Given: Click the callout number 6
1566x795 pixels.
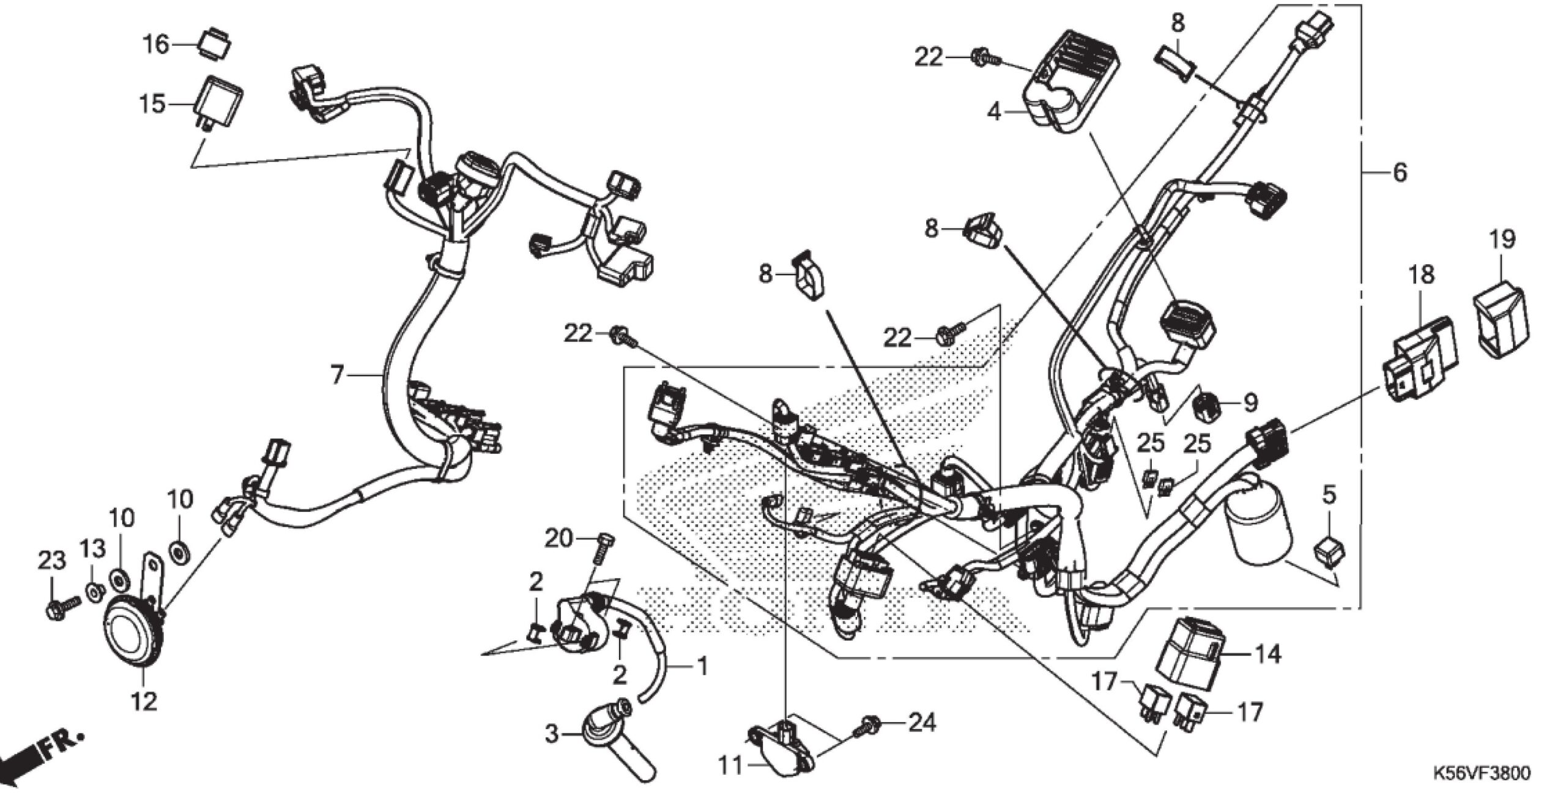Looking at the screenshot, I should [x=1400, y=172].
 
